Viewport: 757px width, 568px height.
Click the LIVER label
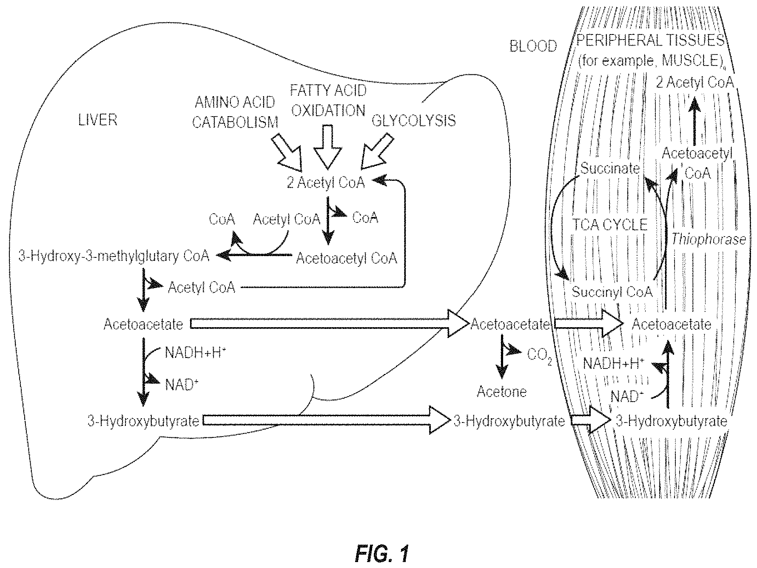(97, 120)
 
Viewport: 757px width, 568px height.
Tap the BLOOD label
(533, 46)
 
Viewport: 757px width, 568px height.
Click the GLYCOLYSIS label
(413, 121)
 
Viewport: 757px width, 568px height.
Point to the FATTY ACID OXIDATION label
(328, 100)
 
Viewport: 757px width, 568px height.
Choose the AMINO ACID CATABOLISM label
(235, 112)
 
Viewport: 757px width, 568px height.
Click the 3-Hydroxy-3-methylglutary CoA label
(114, 256)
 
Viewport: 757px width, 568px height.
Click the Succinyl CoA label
(612, 292)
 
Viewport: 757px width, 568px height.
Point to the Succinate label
(610, 168)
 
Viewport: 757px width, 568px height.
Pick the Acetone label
(501, 391)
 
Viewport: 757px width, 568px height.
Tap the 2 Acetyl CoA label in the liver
(326, 183)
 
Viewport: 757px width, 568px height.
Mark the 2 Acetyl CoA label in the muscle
(695, 82)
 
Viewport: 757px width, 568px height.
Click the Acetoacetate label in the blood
(510, 325)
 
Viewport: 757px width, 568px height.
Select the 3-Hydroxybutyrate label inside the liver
(143, 421)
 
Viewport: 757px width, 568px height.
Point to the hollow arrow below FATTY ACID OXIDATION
(327, 146)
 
